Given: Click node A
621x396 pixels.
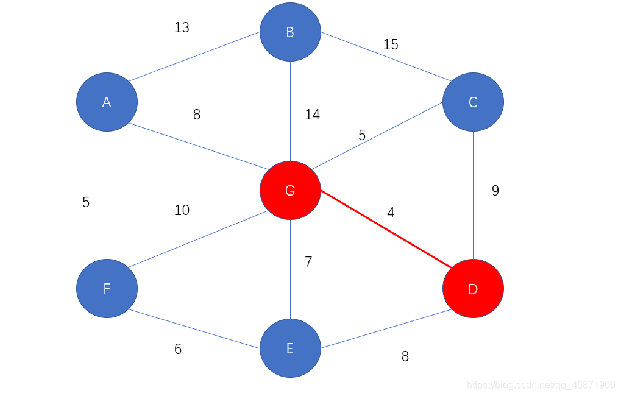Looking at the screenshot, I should coord(107,102).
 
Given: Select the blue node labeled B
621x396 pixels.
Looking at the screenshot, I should coord(290,32).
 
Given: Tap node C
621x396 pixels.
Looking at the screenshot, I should coord(473,102).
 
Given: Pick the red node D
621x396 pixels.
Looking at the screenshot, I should coord(473,288).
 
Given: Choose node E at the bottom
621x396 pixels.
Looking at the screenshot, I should coord(290,348).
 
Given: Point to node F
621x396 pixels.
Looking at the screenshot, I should coord(107,288).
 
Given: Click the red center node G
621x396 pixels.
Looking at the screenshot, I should coord(290,190).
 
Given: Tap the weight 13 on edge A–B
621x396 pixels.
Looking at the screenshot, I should coord(182,27).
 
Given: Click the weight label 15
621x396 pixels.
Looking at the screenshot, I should coord(391,44).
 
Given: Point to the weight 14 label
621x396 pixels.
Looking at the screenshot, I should coord(312,115).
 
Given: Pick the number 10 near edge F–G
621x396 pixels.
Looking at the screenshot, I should coord(182,210).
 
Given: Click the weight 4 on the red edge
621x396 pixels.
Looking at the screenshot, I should coord(391,213).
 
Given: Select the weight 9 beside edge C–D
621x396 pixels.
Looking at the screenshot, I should coord(495,191).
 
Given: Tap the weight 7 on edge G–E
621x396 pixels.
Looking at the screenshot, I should coord(308,262).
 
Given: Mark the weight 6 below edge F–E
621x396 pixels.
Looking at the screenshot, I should coord(178,349).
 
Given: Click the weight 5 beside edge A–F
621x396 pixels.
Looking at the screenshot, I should coord(86,202).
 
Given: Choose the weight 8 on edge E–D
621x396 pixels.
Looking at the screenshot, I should coord(405,356).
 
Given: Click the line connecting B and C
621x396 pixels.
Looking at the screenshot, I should coord(381,56).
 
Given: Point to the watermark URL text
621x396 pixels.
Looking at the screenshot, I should coord(541,385).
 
